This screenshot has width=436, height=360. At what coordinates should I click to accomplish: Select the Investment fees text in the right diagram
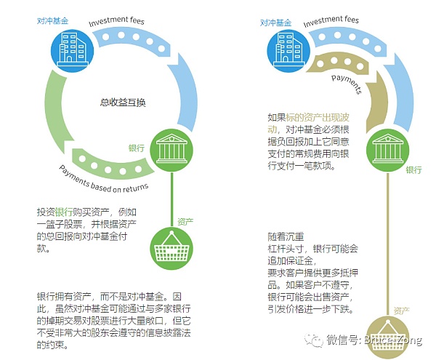tap(334, 22)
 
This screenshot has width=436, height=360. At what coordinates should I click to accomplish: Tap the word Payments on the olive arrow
tap(347, 81)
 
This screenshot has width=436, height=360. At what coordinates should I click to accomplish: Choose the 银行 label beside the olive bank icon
tap(413, 169)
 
